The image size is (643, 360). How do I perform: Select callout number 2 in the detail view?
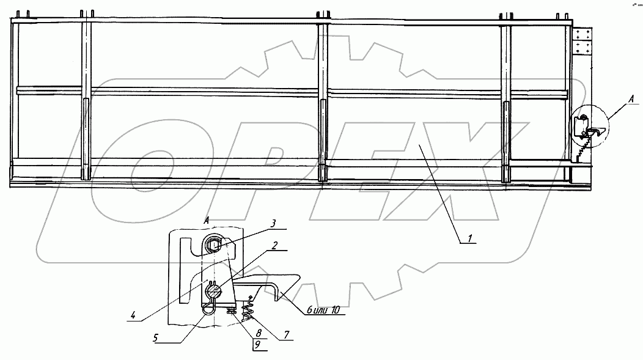click(x=275, y=246)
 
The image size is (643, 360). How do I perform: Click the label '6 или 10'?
click(x=328, y=311)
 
